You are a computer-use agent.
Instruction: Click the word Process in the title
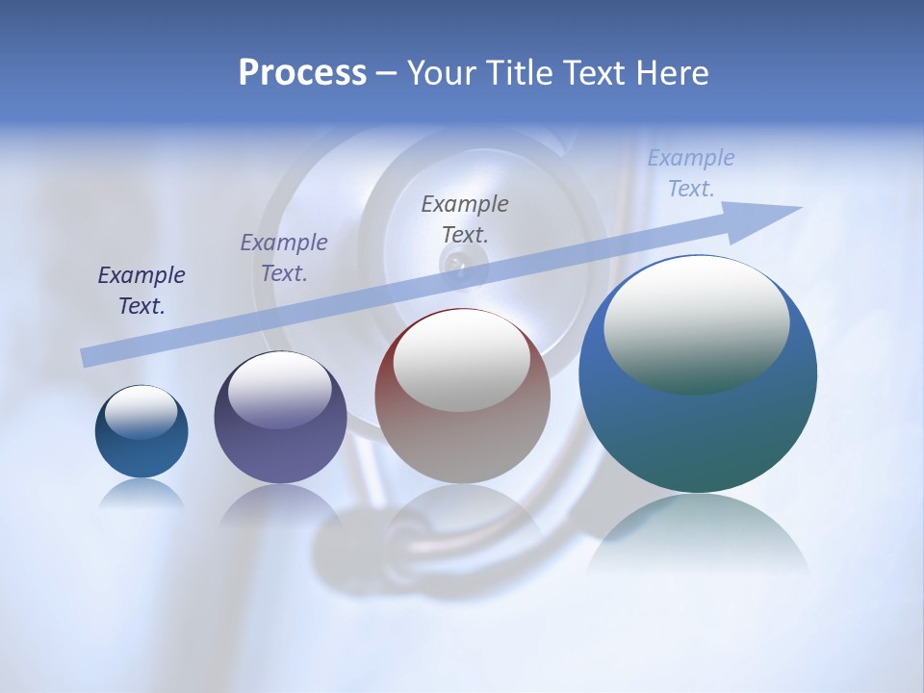(302, 73)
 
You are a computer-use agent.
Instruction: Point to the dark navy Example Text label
(141, 291)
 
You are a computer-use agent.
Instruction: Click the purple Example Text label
(284, 258)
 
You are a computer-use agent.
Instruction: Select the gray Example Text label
(465, 218)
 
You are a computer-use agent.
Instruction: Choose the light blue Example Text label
(691, 173)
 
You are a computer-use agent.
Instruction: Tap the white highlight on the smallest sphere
(141, 412)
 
